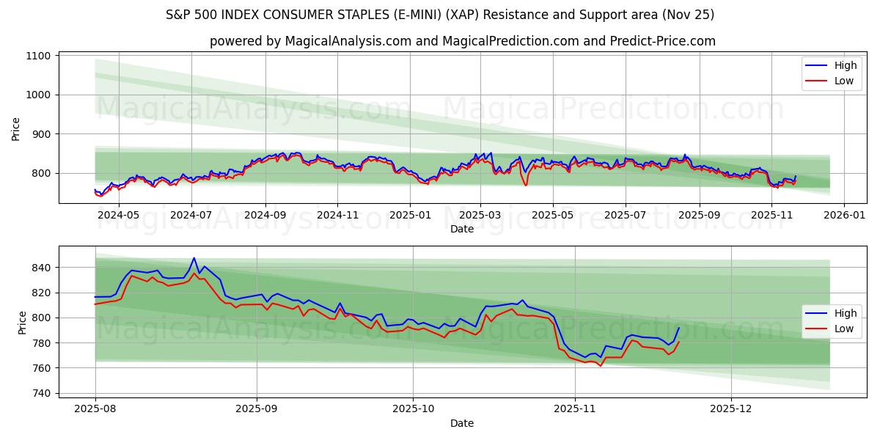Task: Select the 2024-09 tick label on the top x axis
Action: coord(264,215)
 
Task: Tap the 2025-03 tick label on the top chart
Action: coord(480,215)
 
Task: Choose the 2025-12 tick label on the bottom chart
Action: coord(731,409)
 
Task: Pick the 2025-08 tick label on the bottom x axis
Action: coord(95,409)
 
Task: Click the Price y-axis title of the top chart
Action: coord(16,128)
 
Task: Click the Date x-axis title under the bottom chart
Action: coord(462,423)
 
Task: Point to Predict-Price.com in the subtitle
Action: coord(663,41)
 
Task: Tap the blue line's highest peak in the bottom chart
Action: coord(194,258)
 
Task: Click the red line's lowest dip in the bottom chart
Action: coord(601,365)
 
